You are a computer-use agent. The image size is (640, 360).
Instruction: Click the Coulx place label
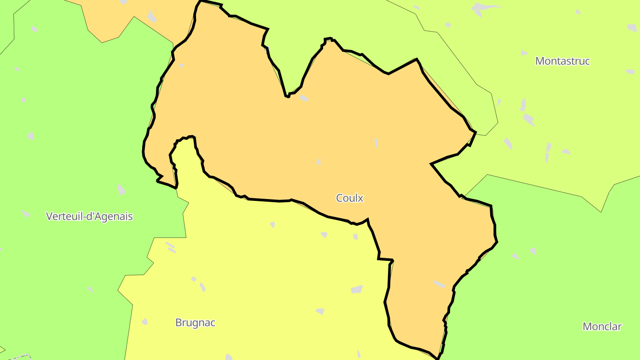click(350, 198)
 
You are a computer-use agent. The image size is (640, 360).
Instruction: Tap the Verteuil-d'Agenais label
click(89, 216)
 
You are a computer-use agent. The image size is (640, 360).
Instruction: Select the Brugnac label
click(195, 323)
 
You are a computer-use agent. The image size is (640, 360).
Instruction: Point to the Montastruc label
click(562, 61)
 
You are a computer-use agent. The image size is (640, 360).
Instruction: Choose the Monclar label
click(602, 327)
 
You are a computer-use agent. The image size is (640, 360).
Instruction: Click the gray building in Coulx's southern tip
click(439, 284)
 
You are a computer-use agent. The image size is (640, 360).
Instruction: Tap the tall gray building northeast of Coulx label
click(376, 143)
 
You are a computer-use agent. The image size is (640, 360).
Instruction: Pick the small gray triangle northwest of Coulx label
click(319, 162)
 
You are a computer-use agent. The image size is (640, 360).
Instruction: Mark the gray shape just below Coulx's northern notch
click(304, 98)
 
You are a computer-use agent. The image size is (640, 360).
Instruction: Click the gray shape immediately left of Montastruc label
click(524, 53)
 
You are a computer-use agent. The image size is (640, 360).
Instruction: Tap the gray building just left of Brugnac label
click(144, 322)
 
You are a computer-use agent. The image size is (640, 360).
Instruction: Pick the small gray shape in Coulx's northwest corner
click(181, 65)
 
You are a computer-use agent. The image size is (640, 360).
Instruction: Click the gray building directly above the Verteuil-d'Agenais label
click(121, 190)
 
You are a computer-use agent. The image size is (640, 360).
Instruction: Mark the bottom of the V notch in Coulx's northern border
click(288, 96)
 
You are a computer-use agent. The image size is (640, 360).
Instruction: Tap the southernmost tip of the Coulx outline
click(438, 358)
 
